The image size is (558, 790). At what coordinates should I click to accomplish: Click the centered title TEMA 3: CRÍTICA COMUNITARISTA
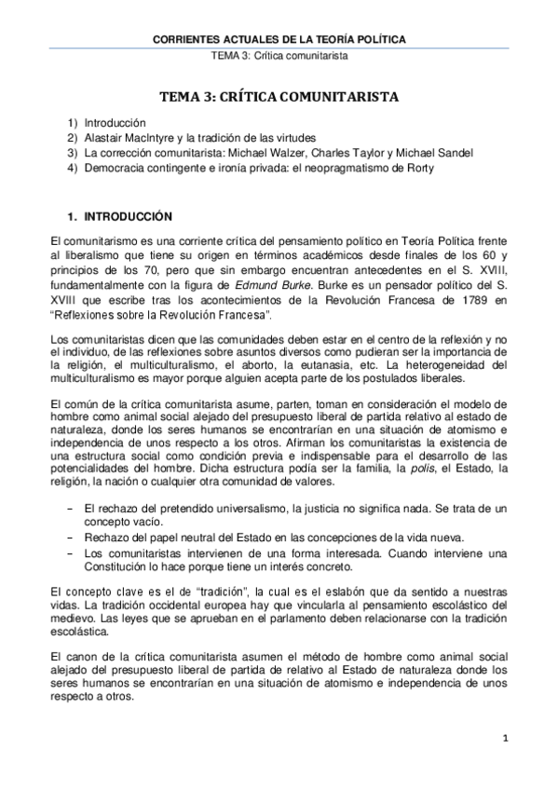(x=279, y=96)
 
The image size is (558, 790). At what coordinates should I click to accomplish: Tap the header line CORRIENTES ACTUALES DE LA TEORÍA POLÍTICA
(x=279, y=40)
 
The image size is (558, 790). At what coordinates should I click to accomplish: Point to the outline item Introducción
(x=116, y=123)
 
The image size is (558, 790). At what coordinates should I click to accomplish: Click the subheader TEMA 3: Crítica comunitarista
(x=279, y=56)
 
